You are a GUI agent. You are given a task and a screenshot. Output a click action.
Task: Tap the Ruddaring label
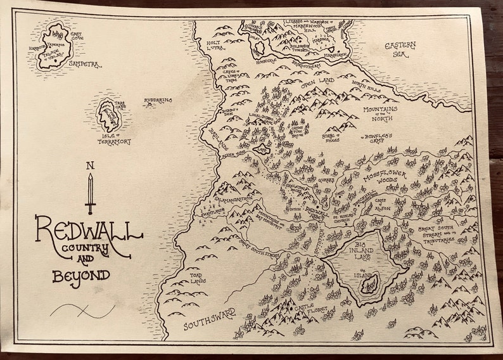156,100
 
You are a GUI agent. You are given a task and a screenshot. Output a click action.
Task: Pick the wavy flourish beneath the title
80,311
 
